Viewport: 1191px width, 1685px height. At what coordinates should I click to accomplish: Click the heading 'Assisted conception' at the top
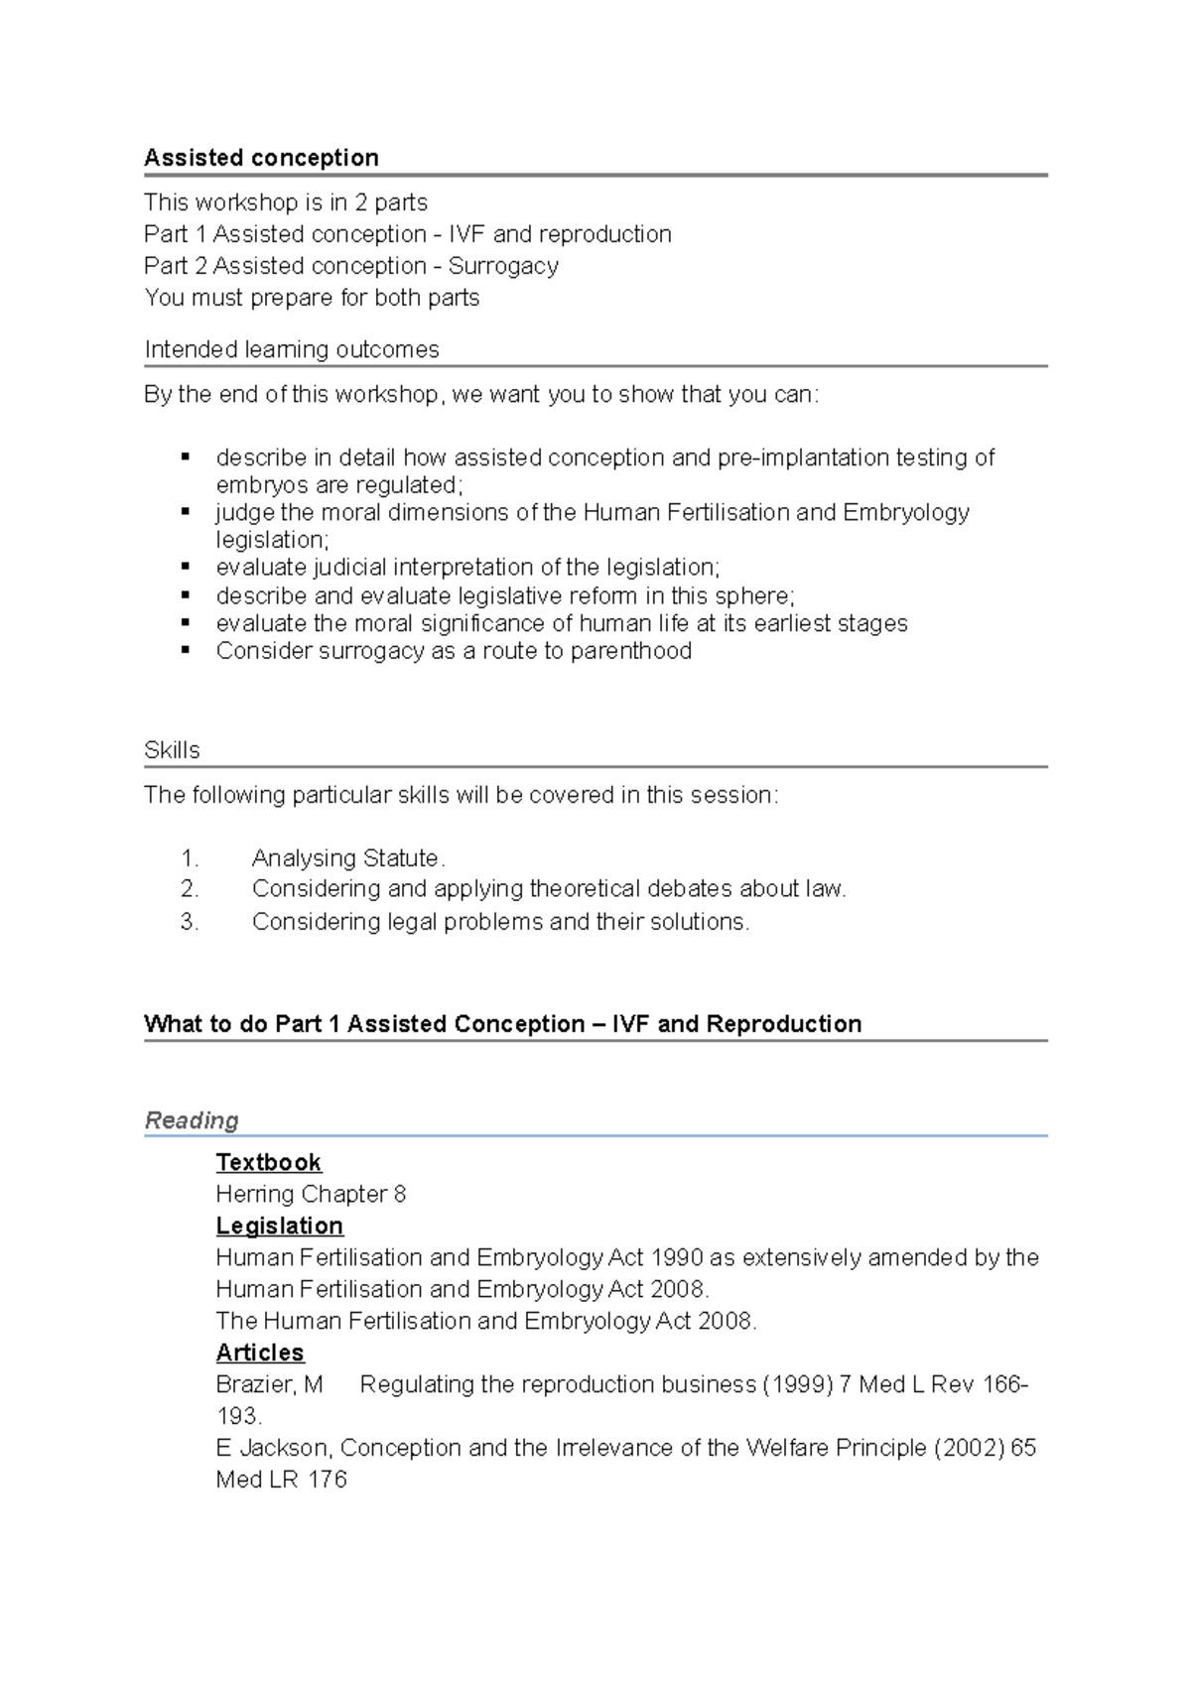tap(261, 158)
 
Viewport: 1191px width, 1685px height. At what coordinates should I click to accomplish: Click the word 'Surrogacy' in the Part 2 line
tap(503, 266)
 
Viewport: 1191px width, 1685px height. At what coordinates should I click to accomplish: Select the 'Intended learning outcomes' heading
tap(291, 349)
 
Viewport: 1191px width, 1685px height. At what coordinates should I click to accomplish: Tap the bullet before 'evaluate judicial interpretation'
tap(186, 567)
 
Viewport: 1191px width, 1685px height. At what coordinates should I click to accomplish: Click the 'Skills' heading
tap(172, 750)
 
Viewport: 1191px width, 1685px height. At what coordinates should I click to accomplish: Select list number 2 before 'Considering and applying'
tap(190, 889)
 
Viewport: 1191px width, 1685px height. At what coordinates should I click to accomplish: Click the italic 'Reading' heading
tap(192, 1120)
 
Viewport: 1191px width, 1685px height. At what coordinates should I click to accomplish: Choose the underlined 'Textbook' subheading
tap(268, 1162)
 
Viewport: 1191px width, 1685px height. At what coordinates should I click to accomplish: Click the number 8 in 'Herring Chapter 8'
tap(400, 1194)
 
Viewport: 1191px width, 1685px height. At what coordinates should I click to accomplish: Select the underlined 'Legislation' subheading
tap(279, 1226)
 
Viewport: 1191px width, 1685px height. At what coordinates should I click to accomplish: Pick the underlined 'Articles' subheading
tap(260, 1353)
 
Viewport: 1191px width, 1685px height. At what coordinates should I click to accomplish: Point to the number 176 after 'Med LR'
tap(328, 1480)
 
